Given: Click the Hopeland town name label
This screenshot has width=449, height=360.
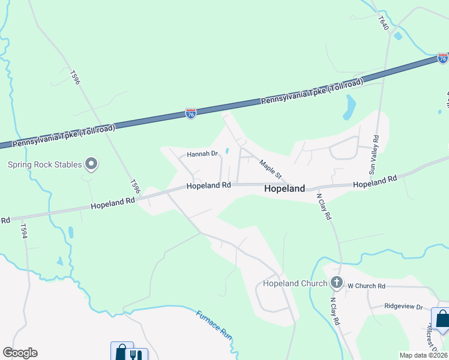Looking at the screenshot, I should click(285, 188).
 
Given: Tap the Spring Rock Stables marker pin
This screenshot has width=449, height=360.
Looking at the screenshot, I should click(91, 163).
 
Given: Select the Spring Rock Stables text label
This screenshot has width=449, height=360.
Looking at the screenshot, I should click(45, 164).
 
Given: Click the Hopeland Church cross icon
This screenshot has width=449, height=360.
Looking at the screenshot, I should click(337, 283).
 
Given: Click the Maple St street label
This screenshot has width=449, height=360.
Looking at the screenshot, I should click(270, 168).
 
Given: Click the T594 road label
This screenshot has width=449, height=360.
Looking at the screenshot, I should click(24, 232).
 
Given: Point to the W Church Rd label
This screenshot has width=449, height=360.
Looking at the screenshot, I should click(366, 286).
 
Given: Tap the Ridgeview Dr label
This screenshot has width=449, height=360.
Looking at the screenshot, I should click(404, 306).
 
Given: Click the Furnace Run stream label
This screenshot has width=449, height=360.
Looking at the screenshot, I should click(214, 325).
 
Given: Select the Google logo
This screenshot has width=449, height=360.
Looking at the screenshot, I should click(20, 353).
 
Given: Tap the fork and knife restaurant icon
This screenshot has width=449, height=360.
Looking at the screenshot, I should click(137, 355).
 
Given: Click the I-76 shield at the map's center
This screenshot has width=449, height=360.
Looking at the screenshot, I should click(190, 113).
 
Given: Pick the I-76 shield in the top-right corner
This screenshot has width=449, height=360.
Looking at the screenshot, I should click(442, 58).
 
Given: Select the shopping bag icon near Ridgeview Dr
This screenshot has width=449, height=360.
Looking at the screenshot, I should click(442, 318).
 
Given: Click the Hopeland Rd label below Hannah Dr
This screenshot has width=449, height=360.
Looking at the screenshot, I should click(208, 186).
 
